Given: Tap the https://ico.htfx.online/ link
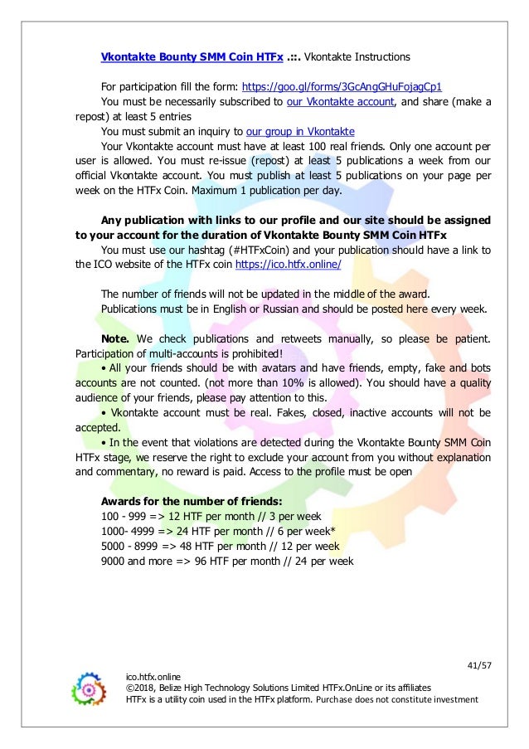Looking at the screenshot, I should pyautogui.click(x=288, y=265).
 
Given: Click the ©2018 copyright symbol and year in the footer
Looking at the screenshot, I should pyautogui.click(x=142, y=688).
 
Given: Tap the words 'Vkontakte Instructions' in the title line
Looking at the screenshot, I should pyautogui.click(x=357, y=57).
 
